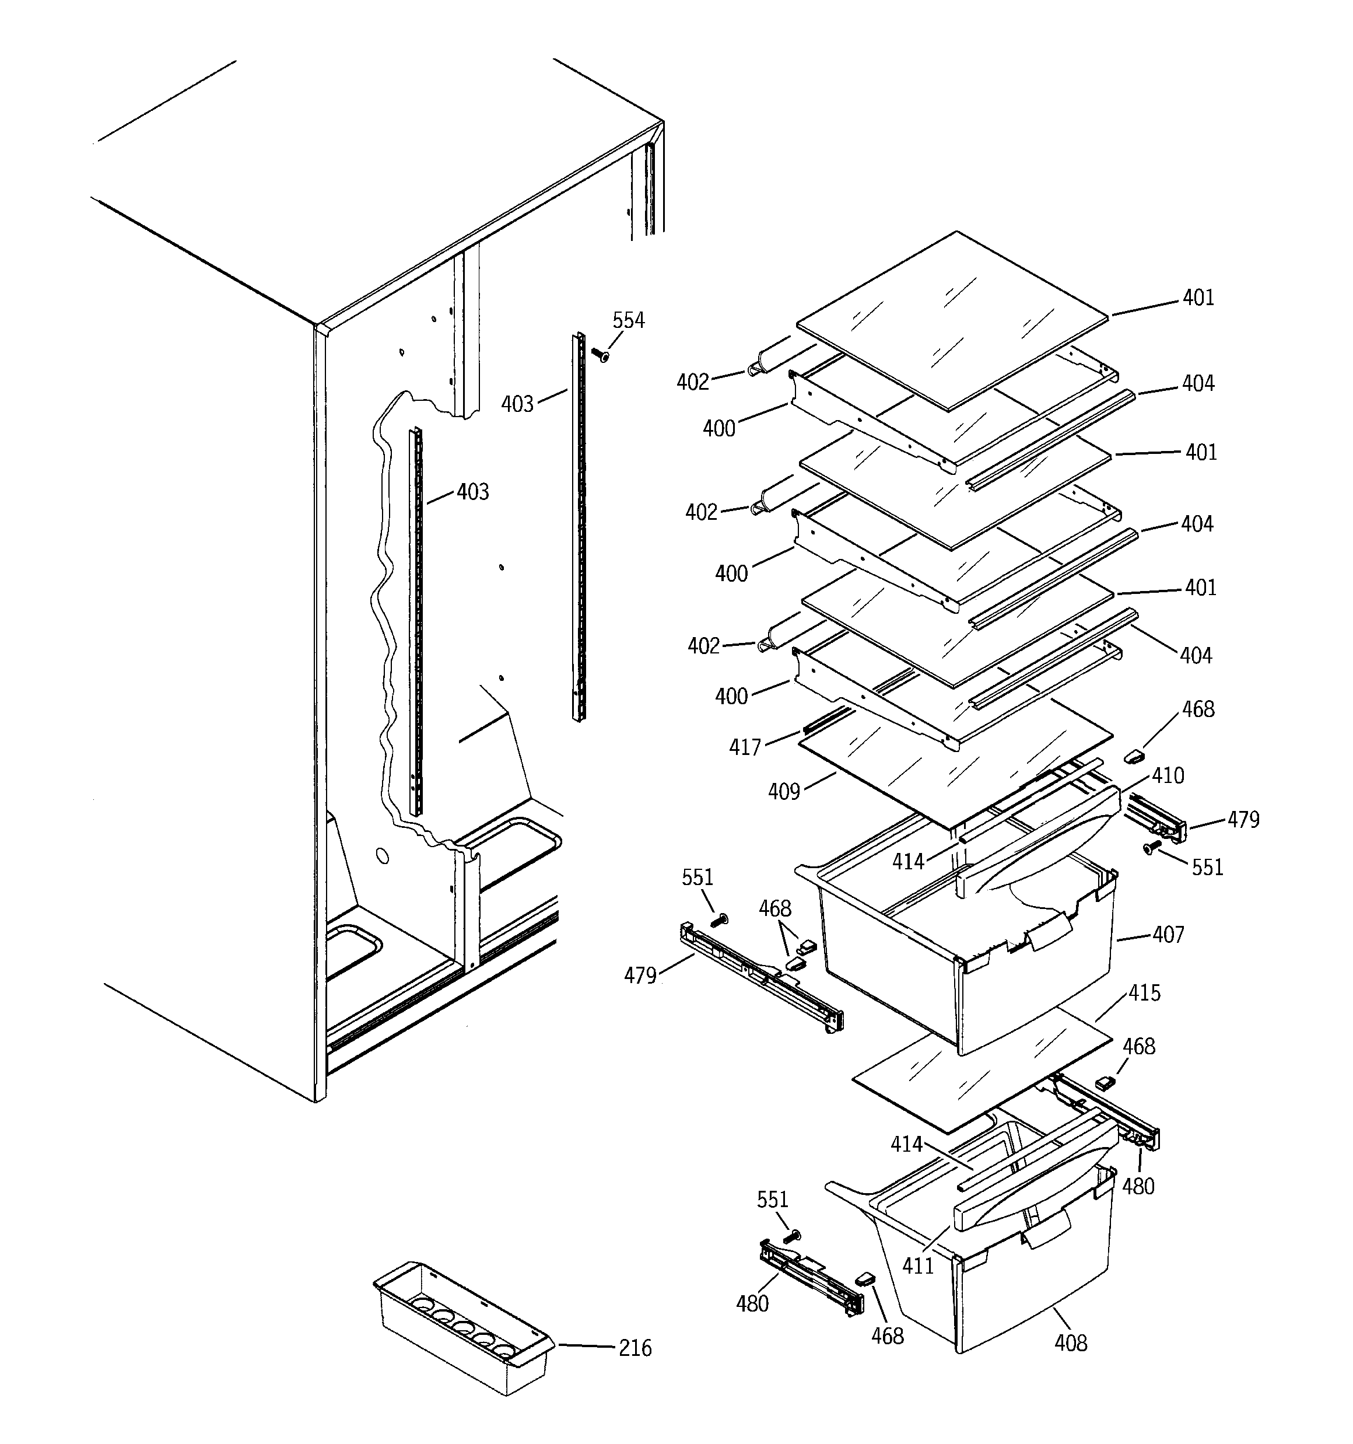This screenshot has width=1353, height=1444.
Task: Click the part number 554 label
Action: [x=628, y=320]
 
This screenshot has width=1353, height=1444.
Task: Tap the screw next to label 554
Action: [x=600, y=355]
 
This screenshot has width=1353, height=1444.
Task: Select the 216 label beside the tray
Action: [x=635, y=1348]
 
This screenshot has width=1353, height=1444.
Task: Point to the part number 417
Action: [x=744, y=747]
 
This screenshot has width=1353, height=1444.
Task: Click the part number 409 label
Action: [x=784, y=792]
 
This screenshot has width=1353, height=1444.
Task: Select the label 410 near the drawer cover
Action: [x=1168, y=776]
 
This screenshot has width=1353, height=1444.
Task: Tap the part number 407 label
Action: [x=1168, y=934]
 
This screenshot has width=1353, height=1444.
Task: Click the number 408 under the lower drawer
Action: [x=1071, y=1343]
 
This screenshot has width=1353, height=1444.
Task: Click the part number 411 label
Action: [x=918, y=1266]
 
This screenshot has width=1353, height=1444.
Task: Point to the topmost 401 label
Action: [x=1198, y=298]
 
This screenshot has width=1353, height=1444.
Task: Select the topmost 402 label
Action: [x=692, y=382]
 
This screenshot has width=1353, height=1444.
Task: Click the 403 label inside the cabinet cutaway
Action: [x=473, y=492]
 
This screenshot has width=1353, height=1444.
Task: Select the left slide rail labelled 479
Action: [x=760, y=977]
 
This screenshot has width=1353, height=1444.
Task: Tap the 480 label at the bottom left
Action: [x=752, y=1304]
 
